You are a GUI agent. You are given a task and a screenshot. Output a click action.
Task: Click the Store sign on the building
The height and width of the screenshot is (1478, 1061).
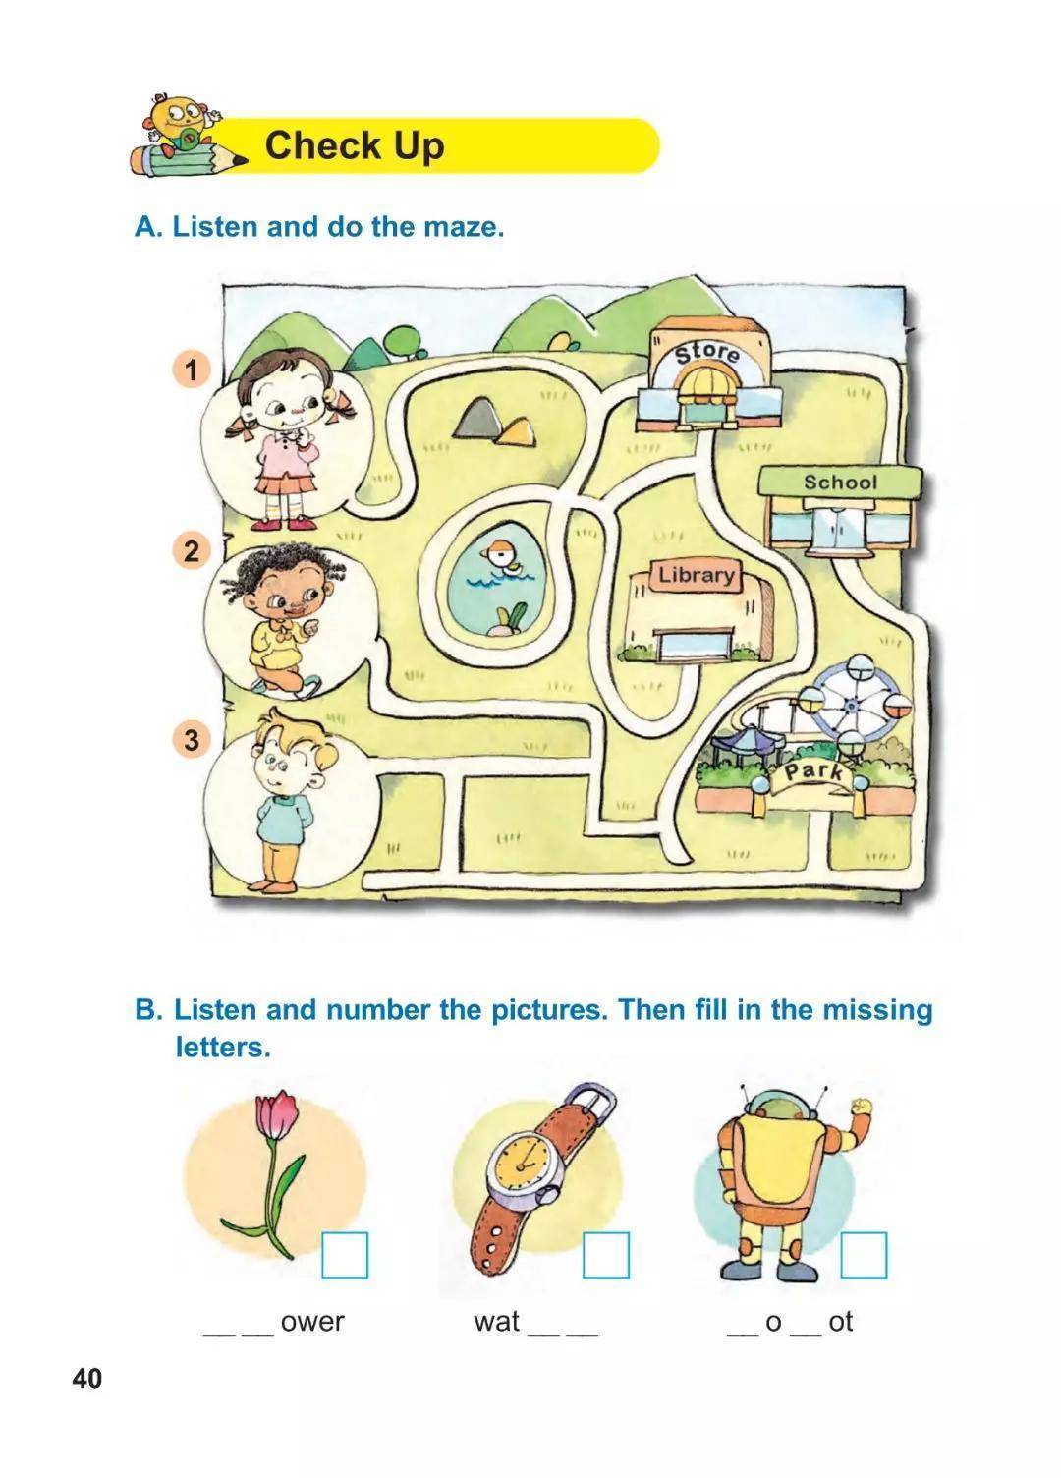coord(707,354)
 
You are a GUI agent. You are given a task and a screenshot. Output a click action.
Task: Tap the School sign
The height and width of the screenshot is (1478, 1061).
coord(840,483)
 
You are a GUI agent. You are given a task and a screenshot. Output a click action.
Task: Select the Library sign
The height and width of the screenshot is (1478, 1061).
coord(696,575)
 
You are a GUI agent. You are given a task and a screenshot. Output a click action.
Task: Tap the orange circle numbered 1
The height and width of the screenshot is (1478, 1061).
coord(192,369)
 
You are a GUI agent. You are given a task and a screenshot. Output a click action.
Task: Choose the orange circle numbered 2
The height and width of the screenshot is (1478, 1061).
coord(192,551)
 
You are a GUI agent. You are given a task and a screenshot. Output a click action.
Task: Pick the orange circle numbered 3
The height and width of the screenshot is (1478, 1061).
coord(192,739)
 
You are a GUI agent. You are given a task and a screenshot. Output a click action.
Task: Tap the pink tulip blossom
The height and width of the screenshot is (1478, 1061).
coord(276,1114)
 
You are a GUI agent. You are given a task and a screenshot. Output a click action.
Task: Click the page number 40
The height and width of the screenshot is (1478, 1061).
coord(87,1379)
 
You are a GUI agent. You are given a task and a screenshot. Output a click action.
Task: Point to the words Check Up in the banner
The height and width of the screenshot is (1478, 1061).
coord(355,145)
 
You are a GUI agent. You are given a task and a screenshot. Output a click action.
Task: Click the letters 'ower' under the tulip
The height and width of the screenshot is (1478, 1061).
coord(311,1322)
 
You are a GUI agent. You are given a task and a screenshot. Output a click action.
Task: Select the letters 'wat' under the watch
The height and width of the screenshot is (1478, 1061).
coord(496,1321)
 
